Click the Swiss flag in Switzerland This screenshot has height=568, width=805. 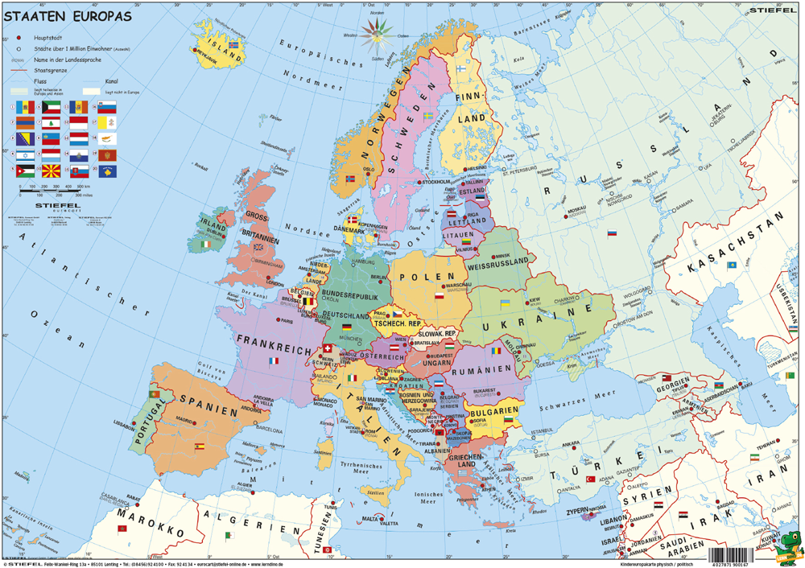pos(327,348)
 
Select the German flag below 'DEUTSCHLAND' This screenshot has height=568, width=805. pos(346,327)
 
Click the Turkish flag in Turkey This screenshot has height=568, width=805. pos(589,480)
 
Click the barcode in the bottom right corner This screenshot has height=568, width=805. pos(741,554)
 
